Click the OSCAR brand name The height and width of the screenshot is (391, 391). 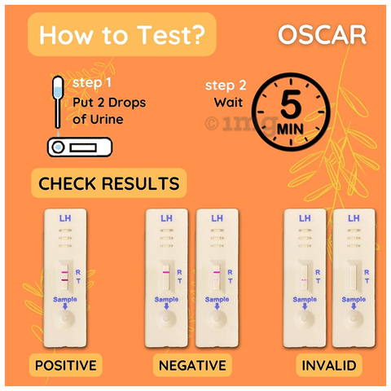pyautogui.click(x=323, y=35)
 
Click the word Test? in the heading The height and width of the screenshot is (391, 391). pyautogui.click(x=171, y=35)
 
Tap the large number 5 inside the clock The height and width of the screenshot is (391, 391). pyautogui.click(x=291, y=104)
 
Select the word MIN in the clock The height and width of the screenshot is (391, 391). pyautogui.click(x=290, y=130)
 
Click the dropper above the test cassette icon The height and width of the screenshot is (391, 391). pyautogui.click(x=58, y=102)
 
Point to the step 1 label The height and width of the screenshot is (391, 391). pyautogui.click(x=92, y=83)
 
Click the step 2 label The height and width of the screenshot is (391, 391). pyautogui.click(x=226, y=86)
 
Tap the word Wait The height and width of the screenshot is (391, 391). pyautogui.click(x=228, y=103)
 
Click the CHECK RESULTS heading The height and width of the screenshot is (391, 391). pyautogui.click(x=109, y=183)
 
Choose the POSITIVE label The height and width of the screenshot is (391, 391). pyautogui.click(x=66, y=365)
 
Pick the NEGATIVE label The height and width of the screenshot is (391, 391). pyautogui.click(x=192, y=365)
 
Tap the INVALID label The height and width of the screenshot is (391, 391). pyautogui.click(x=329, y=365)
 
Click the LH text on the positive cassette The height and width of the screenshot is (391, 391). pyautogui.click(x=65, y=218)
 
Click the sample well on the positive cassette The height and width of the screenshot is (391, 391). pyautogui.click(x=65, y=318)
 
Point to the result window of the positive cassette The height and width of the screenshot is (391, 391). pyautogui.click(x=65, y=276)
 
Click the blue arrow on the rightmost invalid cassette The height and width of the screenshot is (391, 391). pyautogui.click(x=354, y=306)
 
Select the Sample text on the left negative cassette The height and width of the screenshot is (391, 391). pyautogui.click(x=166, y=299)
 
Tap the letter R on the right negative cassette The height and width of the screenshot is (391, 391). pyautogui.click(x=230, y=272)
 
